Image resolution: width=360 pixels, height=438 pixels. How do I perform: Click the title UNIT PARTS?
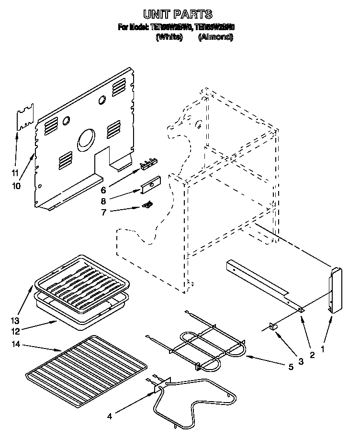178,15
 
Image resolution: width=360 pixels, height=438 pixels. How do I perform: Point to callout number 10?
17,186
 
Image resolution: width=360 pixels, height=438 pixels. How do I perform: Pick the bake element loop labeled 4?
196,402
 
